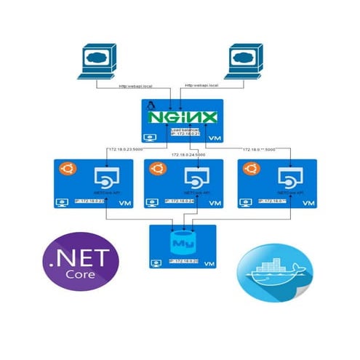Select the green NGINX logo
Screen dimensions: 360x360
183,118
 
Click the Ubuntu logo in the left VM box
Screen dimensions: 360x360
66,169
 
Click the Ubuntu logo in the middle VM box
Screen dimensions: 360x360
155,169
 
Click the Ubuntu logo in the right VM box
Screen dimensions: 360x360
251,169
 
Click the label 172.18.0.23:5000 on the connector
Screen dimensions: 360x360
124,150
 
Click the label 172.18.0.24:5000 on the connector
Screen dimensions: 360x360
188,155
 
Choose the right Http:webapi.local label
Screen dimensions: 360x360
206,87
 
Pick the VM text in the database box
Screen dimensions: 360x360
209,263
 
